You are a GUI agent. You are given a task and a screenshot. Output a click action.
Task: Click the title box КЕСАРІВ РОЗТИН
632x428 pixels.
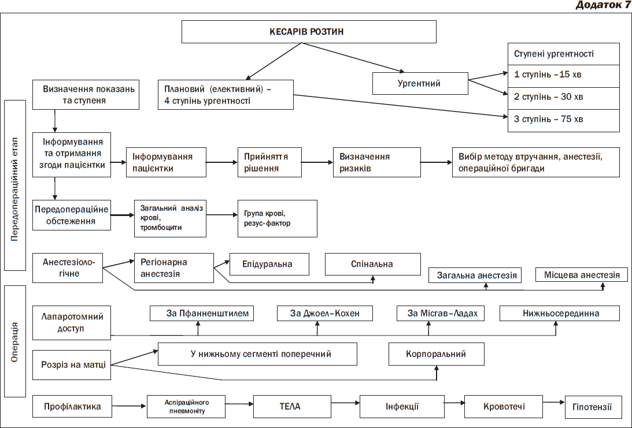click(309, 32)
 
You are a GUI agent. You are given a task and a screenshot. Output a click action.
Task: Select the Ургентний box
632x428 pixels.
click(420, 83)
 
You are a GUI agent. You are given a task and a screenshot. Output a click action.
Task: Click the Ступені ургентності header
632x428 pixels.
click(563, 54)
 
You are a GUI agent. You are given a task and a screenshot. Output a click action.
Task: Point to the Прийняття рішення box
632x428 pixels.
click(269, 162)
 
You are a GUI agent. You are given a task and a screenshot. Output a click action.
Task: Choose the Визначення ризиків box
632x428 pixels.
click(377, 162)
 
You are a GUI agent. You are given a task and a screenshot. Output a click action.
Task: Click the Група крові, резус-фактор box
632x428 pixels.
click(278, 219)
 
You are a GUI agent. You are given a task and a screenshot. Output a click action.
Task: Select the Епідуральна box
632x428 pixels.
click(269, 264)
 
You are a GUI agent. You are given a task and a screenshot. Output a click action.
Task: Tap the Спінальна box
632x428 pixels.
click(373, 264)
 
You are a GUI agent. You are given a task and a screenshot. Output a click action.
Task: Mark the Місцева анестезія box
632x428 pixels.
click(582, 274)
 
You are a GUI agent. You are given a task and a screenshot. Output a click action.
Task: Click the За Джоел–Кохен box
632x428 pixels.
click(325, 313)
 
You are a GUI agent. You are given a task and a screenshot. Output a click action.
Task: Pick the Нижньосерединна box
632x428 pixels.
click(560, 313)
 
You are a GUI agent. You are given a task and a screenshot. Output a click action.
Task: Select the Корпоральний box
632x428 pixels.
click(437, 354)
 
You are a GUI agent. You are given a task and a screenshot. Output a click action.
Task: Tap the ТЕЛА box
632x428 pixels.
click(292, 407)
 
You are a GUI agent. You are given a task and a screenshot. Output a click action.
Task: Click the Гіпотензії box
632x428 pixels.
click(593, 407)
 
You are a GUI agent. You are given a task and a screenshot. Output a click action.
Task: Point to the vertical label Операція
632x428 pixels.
click(15, 341)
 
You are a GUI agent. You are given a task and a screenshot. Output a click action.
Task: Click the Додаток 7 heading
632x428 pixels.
click(603, 5)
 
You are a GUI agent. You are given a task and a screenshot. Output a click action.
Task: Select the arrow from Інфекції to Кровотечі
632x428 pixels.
click(454, 403)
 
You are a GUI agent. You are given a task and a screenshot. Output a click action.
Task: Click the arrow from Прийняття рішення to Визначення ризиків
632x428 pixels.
click(317, 162)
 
